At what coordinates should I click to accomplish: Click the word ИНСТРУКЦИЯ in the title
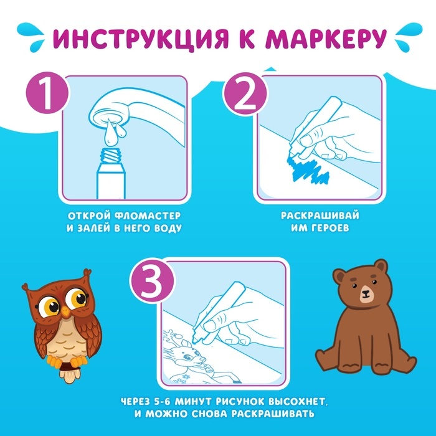(140, 39)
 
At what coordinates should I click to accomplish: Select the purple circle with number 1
(47, 93)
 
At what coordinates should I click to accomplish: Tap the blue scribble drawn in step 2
(308, 169)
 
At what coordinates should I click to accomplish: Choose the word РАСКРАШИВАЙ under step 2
(320, 216)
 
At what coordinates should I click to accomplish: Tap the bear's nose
(366, 293)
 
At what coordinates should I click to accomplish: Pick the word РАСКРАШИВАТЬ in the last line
(273, 414)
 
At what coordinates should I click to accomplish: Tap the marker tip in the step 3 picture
(196, 341)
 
